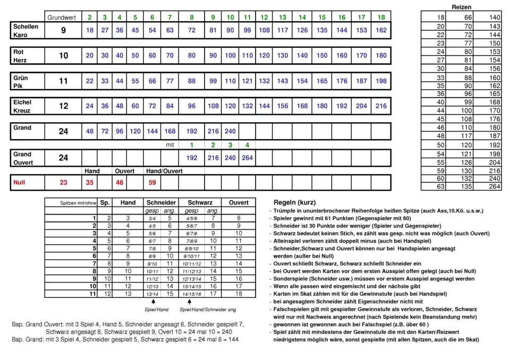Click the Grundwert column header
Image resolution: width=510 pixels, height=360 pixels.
(x=62, y=18)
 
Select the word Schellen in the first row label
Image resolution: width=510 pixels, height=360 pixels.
(x=25, y=26)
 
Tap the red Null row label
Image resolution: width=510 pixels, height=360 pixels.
(x=20, y=182)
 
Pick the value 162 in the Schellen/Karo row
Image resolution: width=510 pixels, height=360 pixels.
(x=381, y=30)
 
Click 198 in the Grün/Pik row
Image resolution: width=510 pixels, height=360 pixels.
(x=381, y=81)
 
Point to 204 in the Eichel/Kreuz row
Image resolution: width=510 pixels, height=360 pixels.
(x=361, y=106)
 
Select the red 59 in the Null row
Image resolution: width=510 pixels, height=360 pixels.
(x=152, y=182)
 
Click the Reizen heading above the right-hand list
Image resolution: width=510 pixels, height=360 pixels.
(x=461, y=7)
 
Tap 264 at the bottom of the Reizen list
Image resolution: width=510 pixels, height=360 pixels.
(x=495, y=186)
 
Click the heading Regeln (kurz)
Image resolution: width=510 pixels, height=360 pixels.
(x=294, y=203)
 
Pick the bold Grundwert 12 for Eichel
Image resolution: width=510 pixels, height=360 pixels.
(x=63, y=106)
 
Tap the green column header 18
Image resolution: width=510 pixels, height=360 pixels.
(x=381, y=18)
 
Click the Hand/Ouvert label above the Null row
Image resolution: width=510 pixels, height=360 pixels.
(x=165, y=171)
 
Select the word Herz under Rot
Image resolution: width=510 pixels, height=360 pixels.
(x=20, y=61)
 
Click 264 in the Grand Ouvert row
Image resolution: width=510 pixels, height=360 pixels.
(x=247, y=158)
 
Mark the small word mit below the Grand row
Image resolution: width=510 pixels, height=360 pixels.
(x=170, y=144)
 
